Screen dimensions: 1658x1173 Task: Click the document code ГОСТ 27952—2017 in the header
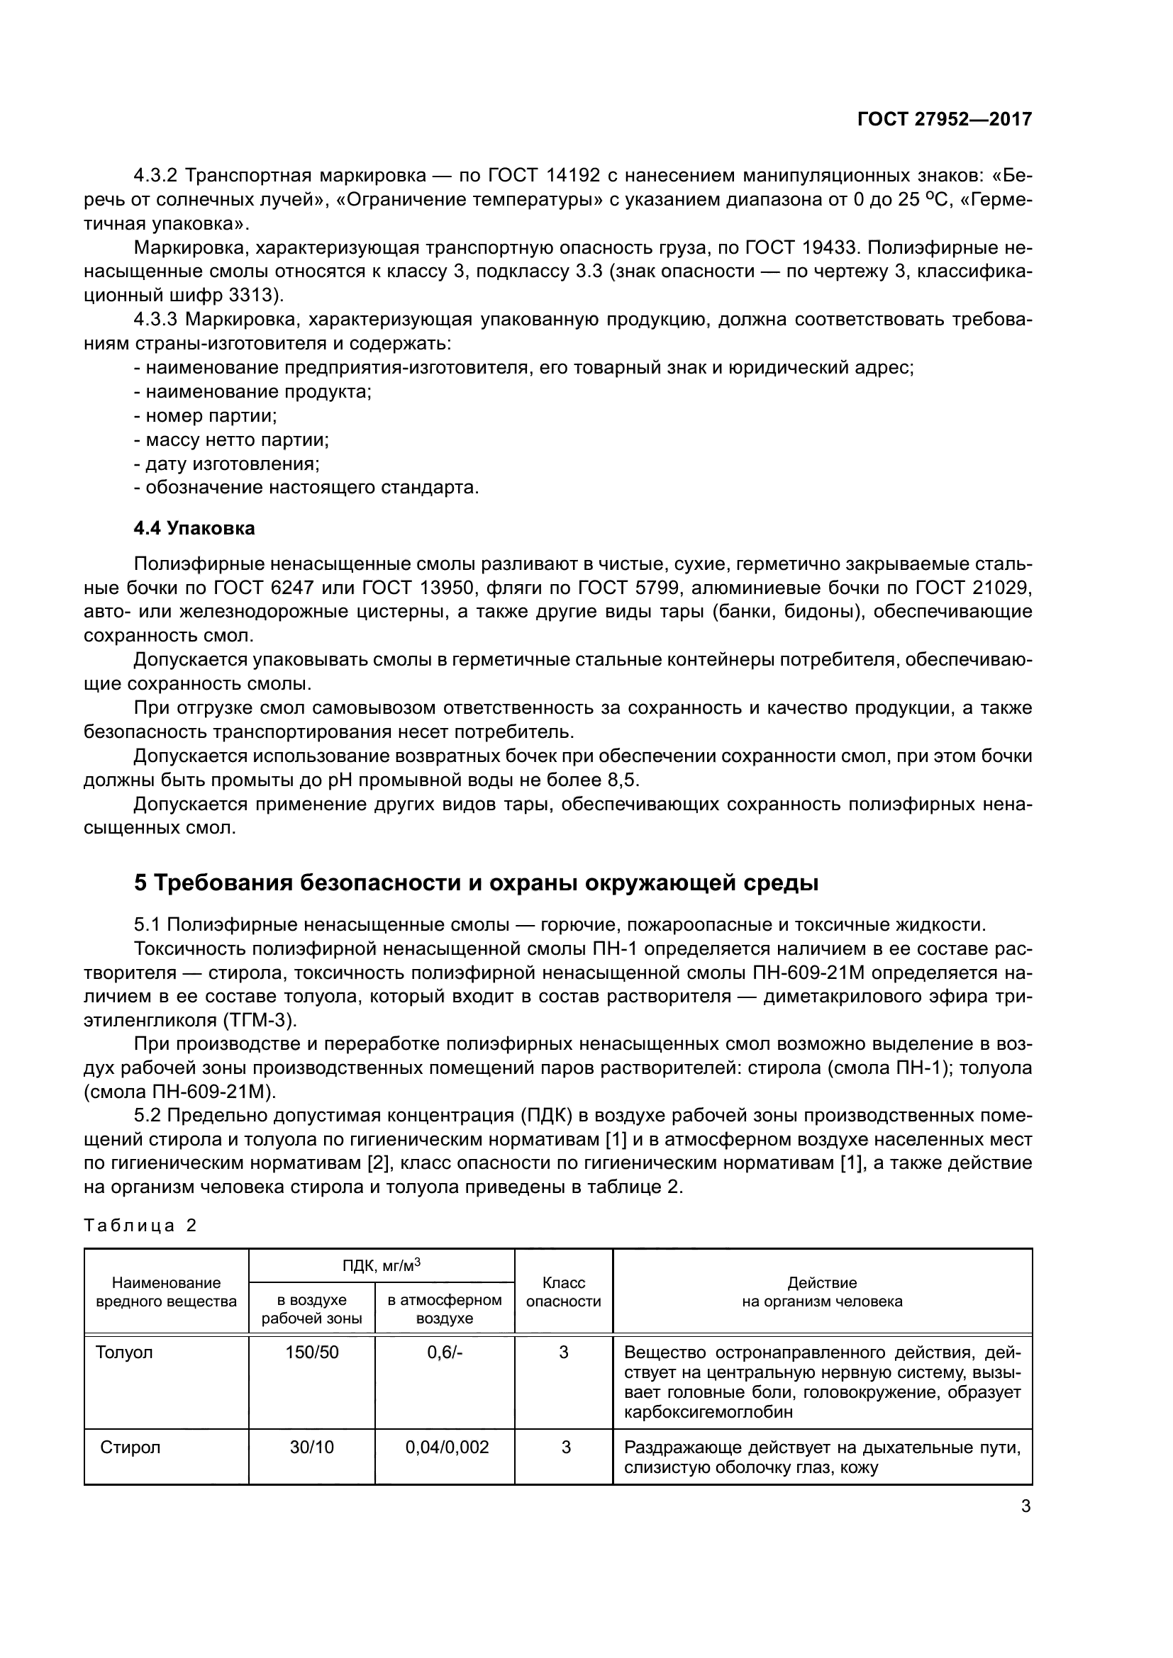coord(944,119)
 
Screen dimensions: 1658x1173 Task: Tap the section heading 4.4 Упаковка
coord(194,529)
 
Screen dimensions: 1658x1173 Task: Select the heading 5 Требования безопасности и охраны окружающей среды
coord(476,883)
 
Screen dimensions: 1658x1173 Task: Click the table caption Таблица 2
coord(140,1226)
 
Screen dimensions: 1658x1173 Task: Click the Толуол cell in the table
coord(124,1352)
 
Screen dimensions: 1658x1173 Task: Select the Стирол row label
coord(130,1447)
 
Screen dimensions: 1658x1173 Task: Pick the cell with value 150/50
coord(311,1352)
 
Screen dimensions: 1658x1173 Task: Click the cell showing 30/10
coord(311,1447)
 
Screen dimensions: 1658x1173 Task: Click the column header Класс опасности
coord(563,1292)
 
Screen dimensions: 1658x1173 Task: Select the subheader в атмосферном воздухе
coord(444,1309)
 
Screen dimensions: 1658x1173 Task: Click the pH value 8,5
coord(623,780)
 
